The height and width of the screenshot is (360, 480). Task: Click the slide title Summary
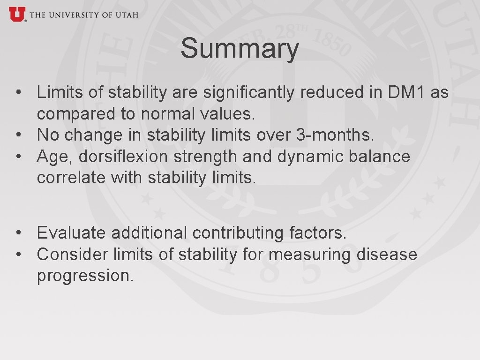click(240, 49)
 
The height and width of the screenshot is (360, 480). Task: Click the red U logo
click(16, 14)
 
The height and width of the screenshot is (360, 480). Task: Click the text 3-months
click(336, 135)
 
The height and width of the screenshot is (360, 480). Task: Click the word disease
click(387, 254)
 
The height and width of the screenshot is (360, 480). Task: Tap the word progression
click(85, 276)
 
